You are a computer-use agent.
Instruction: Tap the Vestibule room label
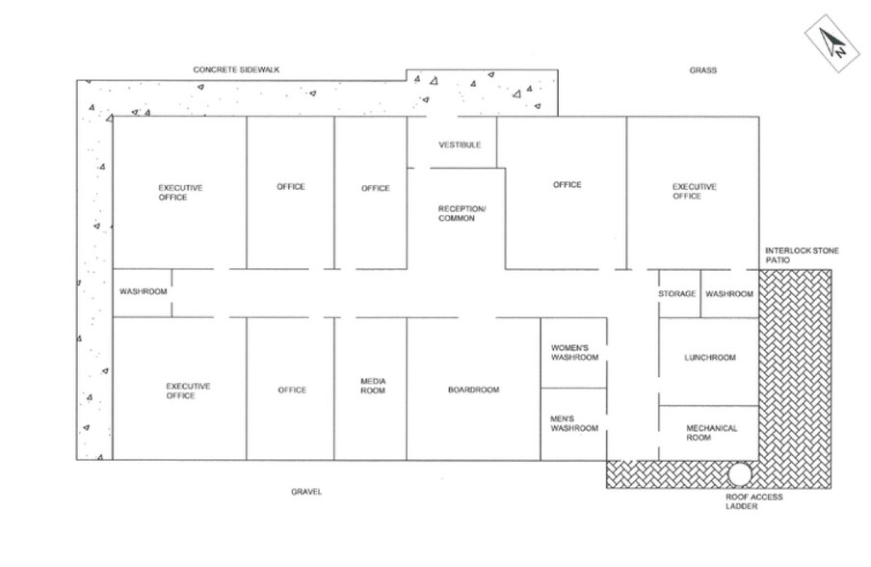460,145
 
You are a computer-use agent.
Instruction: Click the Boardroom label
473,390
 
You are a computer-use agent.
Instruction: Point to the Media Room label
373,386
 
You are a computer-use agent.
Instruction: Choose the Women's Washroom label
574,352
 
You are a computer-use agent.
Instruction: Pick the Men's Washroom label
574,423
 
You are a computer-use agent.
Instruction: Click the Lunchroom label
710,358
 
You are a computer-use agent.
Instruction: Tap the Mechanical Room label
711,433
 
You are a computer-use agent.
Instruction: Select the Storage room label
677,293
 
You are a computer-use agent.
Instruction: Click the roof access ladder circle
740,473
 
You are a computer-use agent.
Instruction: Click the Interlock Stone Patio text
802,256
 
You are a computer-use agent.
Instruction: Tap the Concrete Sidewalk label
236,70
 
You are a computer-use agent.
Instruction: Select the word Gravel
306,492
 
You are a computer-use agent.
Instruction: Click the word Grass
702,70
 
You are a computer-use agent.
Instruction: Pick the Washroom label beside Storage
729,293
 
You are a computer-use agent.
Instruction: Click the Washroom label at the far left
144,291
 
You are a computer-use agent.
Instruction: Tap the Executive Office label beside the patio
687,191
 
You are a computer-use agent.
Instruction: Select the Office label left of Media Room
292,390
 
